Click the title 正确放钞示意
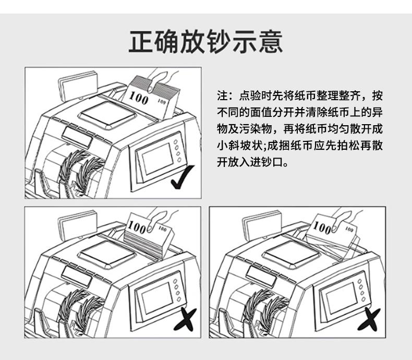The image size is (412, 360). [205, 42]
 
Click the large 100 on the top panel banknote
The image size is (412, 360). [139, 98]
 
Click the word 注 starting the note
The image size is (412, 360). [222, 96]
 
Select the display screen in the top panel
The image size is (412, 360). [158, 157]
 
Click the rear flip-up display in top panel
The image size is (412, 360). [77, 84]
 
